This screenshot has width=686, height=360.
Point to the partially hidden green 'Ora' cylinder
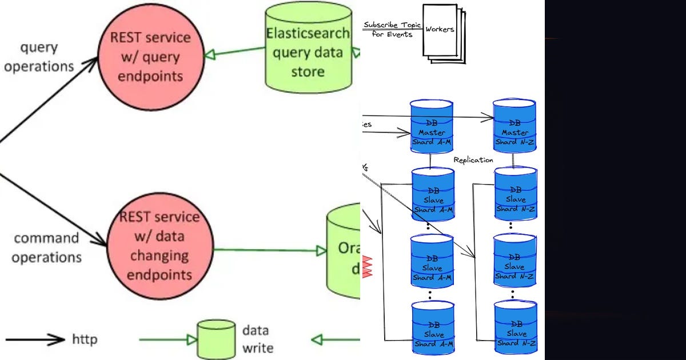(344, 252)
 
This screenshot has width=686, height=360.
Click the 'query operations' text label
(39, 57)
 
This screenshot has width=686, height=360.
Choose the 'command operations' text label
(46, 247)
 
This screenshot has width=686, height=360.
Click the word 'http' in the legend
(85, 339)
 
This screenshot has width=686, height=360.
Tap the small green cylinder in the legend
(216, 339)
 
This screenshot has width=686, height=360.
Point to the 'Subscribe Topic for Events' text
(392, 29)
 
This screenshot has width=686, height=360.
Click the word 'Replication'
(473, 160)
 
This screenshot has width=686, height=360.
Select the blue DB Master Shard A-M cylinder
(432, 127)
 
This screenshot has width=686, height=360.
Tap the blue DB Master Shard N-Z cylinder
(514, 127)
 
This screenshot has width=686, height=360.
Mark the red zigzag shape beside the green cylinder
(366, 266)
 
